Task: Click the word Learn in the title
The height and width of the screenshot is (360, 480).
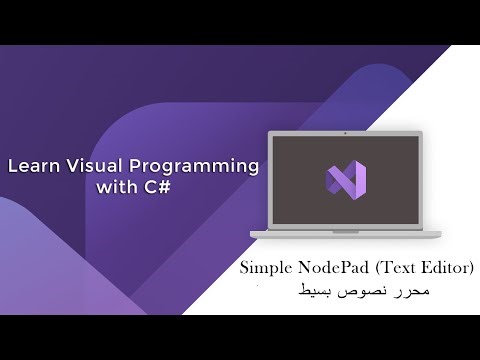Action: pyautogui.click(x=32, y=165)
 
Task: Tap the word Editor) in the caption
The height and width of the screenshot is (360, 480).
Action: pyautogui.click(x=448, y=269)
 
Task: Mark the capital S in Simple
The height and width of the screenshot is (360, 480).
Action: pyautogui.click(x=245, y=269)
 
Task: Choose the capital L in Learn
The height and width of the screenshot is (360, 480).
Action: pyautogui.click(x=13, y=165)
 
